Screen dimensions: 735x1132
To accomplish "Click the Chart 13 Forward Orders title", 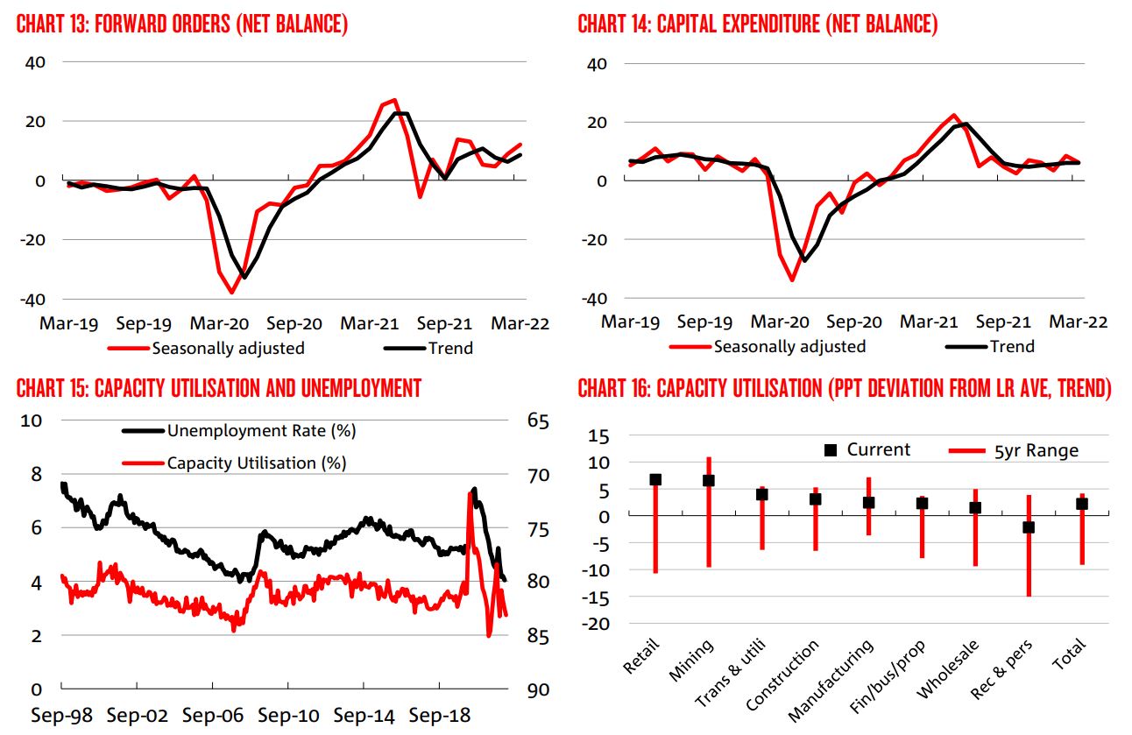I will click(182, 25).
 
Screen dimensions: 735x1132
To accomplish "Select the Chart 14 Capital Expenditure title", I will click(757, 25).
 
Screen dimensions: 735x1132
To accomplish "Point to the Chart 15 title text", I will click(218, 388).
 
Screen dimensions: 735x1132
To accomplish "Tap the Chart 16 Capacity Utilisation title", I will click(844, 388).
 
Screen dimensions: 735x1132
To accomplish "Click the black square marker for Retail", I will click(655, 479).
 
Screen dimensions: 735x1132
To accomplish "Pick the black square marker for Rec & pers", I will click(1029, 527).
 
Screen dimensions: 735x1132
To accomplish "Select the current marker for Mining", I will click(709, 480).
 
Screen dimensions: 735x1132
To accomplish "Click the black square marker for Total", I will click(1082, 504).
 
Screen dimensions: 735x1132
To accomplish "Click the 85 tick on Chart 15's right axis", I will click(538, 635).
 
